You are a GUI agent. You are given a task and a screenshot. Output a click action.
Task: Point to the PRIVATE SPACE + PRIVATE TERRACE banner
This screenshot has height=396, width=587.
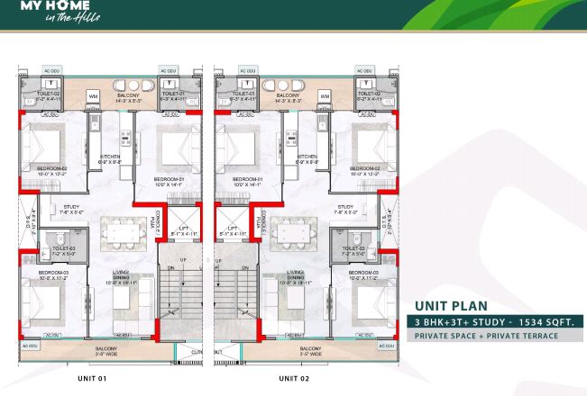486,336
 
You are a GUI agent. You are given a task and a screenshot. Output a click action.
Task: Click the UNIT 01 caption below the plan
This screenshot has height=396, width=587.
92,378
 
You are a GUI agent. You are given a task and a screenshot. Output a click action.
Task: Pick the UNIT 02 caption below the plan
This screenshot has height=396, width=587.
294,378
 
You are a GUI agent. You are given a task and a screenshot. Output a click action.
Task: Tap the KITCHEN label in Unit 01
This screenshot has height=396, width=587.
110,157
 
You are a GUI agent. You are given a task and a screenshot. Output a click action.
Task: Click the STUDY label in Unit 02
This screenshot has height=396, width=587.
345,206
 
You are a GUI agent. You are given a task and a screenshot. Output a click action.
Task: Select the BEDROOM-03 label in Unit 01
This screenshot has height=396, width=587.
51,271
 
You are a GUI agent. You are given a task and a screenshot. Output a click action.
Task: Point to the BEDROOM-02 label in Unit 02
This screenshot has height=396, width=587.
363,168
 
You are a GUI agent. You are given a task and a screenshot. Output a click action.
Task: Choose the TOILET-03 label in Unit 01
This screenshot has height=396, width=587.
63,248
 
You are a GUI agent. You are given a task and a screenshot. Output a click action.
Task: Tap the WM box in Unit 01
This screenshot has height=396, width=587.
93,95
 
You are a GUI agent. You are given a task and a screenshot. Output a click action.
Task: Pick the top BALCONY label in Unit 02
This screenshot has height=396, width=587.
288,94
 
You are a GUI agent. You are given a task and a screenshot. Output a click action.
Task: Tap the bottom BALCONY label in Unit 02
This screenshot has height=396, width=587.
311,348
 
